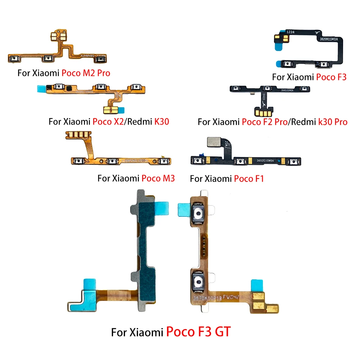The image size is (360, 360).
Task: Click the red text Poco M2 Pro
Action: (x=86, y=73)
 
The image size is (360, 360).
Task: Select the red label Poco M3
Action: (x=158, y=178)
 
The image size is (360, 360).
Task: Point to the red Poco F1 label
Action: (x=249, y=178)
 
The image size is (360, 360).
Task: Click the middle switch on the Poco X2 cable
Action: (x=100, y=87)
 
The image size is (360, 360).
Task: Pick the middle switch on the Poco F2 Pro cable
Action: (x=267, y=88)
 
